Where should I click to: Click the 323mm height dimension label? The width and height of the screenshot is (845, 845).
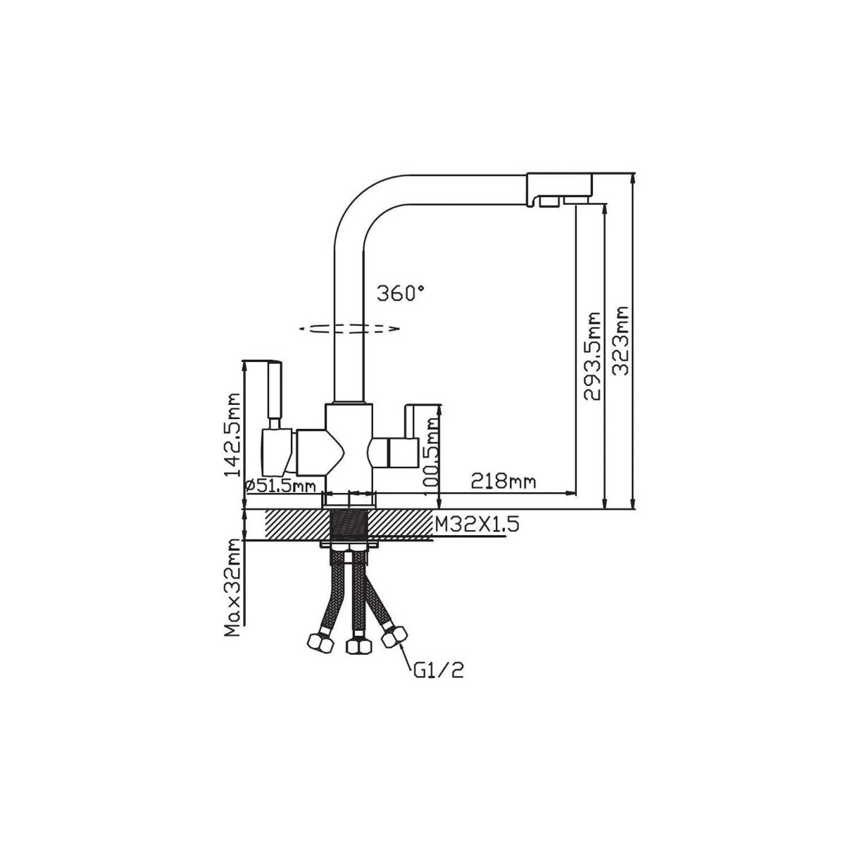tap(620, 334)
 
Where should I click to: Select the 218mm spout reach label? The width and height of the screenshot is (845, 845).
tap(503, 482)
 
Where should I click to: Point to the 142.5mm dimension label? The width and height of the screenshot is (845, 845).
tap(232, 434)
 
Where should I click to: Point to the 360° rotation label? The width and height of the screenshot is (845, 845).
tap(401, 294)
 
